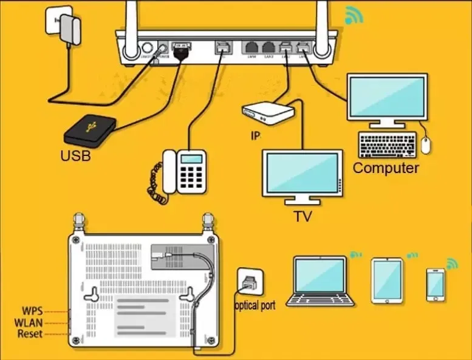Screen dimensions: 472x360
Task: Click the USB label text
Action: point(75,156)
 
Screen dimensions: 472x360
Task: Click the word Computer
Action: point(386,168)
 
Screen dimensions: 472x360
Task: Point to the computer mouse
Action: point(426,144)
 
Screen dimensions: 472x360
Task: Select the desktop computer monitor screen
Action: point(387,96)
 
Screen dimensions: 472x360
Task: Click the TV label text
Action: point(303,216)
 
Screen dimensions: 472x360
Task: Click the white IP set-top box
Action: point(268,112)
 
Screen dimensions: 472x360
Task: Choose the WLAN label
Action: point(29,322)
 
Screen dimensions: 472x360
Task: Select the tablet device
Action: point(387,280)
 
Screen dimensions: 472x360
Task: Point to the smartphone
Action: point(435,284)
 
